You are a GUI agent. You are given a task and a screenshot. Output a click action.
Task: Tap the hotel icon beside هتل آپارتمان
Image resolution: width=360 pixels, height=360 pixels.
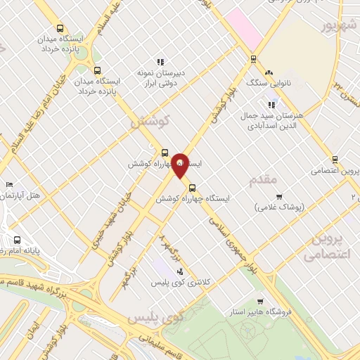point(8,185)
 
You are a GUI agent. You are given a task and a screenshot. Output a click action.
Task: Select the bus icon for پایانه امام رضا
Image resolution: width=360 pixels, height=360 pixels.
point(17,239)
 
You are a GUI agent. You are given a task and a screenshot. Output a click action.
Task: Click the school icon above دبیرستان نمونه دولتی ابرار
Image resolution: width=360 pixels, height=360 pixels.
point(160,60)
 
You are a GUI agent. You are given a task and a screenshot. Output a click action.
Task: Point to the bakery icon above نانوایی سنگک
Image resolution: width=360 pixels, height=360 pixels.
point(268,72)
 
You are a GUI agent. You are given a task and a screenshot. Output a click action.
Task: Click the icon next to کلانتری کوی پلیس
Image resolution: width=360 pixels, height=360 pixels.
point(180,271)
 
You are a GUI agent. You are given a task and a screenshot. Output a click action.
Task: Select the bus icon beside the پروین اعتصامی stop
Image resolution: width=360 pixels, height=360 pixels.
point(335,159)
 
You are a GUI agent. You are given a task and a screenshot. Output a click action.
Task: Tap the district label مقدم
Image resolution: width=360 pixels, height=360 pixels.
point(263,181)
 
